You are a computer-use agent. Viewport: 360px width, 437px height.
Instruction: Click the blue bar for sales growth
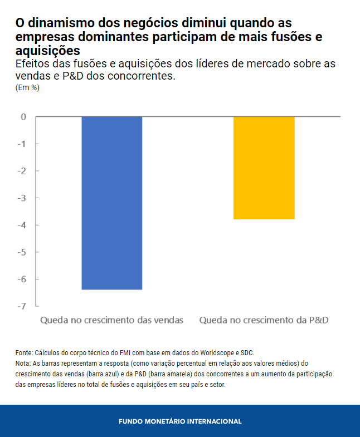pyautogui.click(x=112, y=203)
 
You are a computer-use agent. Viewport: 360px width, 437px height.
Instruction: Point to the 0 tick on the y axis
pyautogui.click(x=23, y=117)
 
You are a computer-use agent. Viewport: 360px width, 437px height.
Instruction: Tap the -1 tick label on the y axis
pyautogui.click(x=22, y=144)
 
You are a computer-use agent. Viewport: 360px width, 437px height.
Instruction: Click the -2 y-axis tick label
pyautogui.click(x=22, y=171)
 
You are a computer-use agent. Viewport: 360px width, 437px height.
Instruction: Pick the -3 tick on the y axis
pyautogui.click(x=22, y=198)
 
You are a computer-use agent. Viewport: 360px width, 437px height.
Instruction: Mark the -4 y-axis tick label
pyautogui.click(x=22, y=225)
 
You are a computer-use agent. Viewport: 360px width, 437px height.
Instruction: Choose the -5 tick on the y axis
pyautogui.click(x=22, y=252)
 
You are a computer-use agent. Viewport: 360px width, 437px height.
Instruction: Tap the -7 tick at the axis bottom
pyautogui.click(x=22, y=306)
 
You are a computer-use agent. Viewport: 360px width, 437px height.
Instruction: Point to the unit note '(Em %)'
pyautogui.click(x=27, y=87)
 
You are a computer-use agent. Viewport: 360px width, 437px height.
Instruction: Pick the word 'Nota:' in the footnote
pyautogui.click(x=23, y=364)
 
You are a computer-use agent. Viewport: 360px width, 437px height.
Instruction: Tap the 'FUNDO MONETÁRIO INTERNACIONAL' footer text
pyautogui.click(x=180, y=421)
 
